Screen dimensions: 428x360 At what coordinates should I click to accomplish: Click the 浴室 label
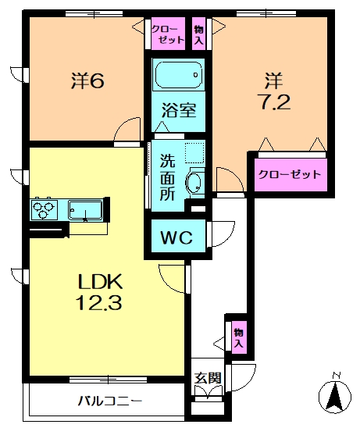coord(179,111)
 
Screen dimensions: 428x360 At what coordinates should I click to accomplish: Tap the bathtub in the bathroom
coord(179,76)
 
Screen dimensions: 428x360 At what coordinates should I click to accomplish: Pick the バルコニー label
coord(109,402)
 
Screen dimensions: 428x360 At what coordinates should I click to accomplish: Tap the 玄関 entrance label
coord(208,379)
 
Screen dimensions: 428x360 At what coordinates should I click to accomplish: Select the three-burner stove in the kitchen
coord(44,209)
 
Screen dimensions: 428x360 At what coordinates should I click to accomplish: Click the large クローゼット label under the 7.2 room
coord(289,174)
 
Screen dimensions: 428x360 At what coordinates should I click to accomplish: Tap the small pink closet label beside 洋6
coord(168,35)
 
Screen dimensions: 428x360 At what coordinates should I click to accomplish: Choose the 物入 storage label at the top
coord(199,35)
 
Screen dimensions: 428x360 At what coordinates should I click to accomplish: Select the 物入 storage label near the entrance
coord(238,337)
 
